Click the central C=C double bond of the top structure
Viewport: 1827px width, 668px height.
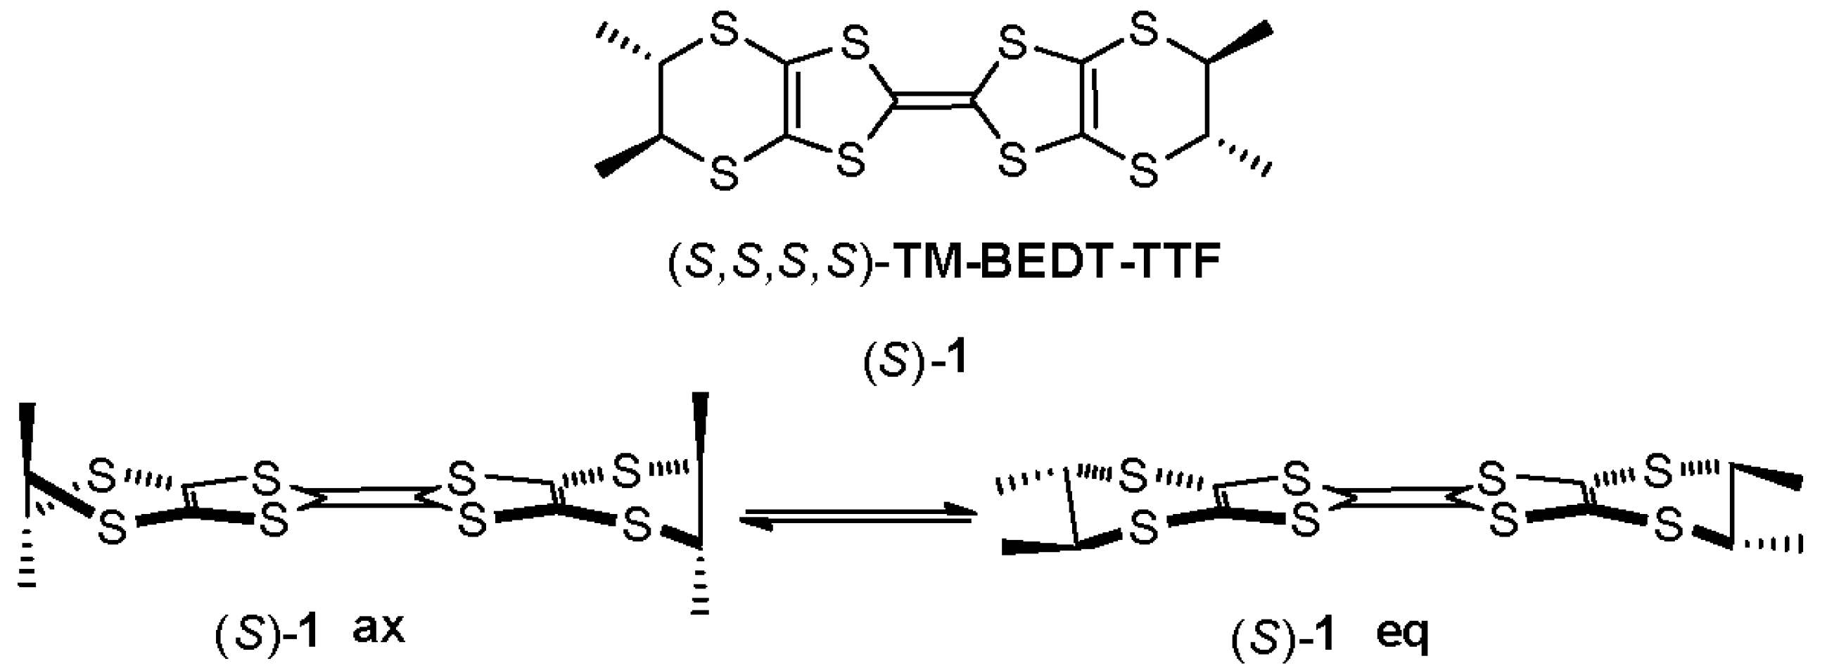[933, 103]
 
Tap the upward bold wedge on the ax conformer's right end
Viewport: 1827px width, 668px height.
[701, 429]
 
